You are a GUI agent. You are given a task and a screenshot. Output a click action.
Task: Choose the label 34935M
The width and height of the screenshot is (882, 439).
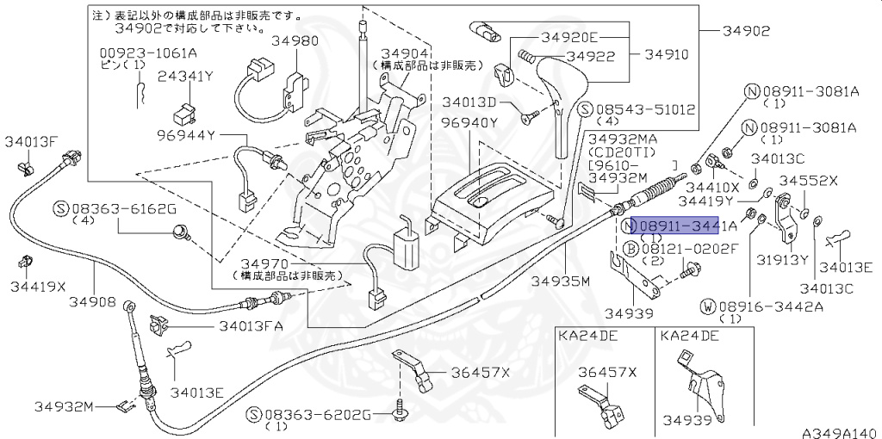560,281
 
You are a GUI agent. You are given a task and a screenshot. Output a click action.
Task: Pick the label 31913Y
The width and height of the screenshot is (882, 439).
782,259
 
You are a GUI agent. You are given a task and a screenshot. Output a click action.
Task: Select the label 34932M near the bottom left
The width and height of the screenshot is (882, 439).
64,405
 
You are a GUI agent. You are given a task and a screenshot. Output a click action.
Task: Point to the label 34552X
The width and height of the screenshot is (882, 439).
808,181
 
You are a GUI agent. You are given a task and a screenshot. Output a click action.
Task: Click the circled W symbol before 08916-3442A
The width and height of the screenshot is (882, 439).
707,306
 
